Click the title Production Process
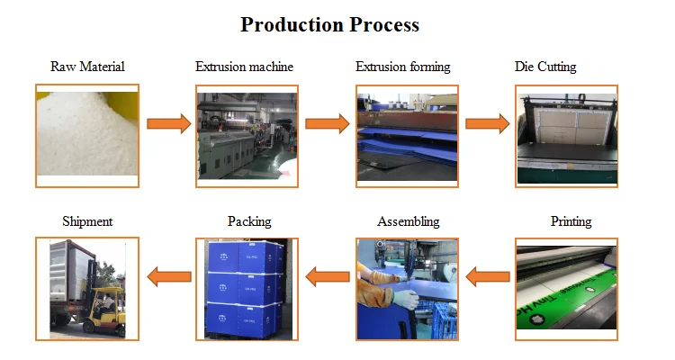click(x=329, y=24)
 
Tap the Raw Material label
click(x=87, y=67)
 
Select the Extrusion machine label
click(x=244, y=67)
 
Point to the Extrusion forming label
click(x=402, y=67)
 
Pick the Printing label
click(x=571, y=221)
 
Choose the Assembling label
click(x=409, y=221)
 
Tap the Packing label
click(x=249, y=221)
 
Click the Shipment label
click(x=87, y=221)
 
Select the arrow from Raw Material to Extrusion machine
click(x=168, y=123)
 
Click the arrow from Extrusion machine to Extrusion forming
click(x=327, y=123)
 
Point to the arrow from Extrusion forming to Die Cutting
click(x=487, y=123)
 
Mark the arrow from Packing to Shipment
click(x=168, y=276)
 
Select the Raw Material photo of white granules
click(x=87, y=135)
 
